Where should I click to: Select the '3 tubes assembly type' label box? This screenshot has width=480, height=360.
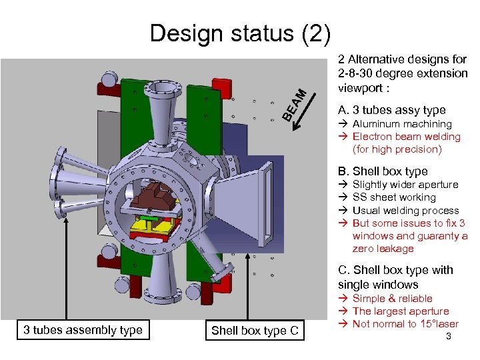[83, 329]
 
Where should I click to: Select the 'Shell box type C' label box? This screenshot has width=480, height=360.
[255, 330]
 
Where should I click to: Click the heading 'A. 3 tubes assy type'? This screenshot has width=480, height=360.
[392, 110]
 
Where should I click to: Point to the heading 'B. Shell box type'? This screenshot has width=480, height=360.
[383, 171]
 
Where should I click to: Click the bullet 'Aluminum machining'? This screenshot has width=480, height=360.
[401, 124]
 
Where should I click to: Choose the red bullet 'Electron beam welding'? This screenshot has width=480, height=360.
[406, 137]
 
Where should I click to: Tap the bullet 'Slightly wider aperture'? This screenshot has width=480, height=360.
[405, 185]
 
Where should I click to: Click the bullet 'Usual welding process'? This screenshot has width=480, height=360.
[405, 210]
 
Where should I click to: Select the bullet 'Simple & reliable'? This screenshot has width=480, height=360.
[392, 299]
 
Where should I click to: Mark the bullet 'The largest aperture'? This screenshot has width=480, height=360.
[400, 311]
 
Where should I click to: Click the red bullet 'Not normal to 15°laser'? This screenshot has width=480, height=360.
[405, 324]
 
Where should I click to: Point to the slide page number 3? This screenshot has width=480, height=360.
[449, 337]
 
